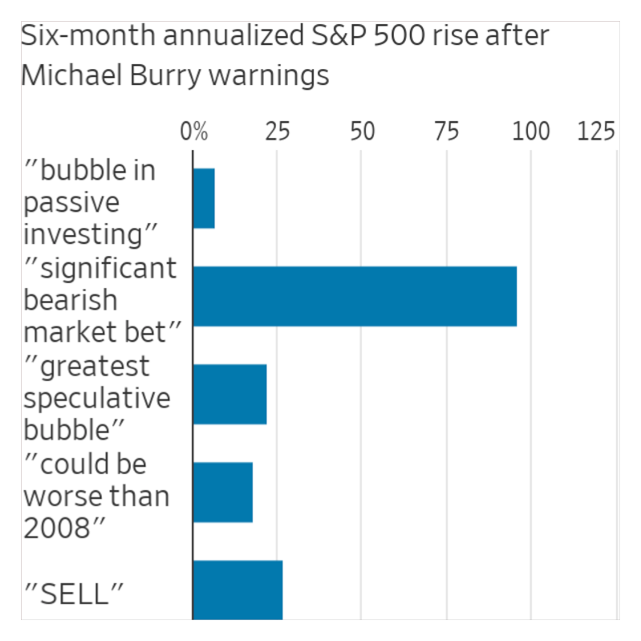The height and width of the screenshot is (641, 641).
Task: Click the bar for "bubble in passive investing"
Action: pos(204,199)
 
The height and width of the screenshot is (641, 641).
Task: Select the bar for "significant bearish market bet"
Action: pos(355,296)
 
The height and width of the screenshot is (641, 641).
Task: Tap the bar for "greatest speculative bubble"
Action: pos(229,394)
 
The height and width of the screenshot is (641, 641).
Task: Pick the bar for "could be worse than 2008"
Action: pos(223,492)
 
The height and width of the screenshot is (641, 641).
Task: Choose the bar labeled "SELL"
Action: pos(237,590)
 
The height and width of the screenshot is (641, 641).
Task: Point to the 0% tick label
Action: pos(193,132)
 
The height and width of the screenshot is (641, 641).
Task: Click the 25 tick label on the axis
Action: pos(278,132)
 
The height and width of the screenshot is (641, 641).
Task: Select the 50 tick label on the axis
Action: pos(362,132)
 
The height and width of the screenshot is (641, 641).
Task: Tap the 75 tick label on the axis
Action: pos(446,132)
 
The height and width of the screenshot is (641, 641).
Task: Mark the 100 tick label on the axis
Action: pos(530,132)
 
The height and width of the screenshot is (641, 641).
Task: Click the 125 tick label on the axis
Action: pos(595,132)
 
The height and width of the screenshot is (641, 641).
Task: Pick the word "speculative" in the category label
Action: pos(97,399)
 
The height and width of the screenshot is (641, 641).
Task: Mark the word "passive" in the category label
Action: pos(71,202)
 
